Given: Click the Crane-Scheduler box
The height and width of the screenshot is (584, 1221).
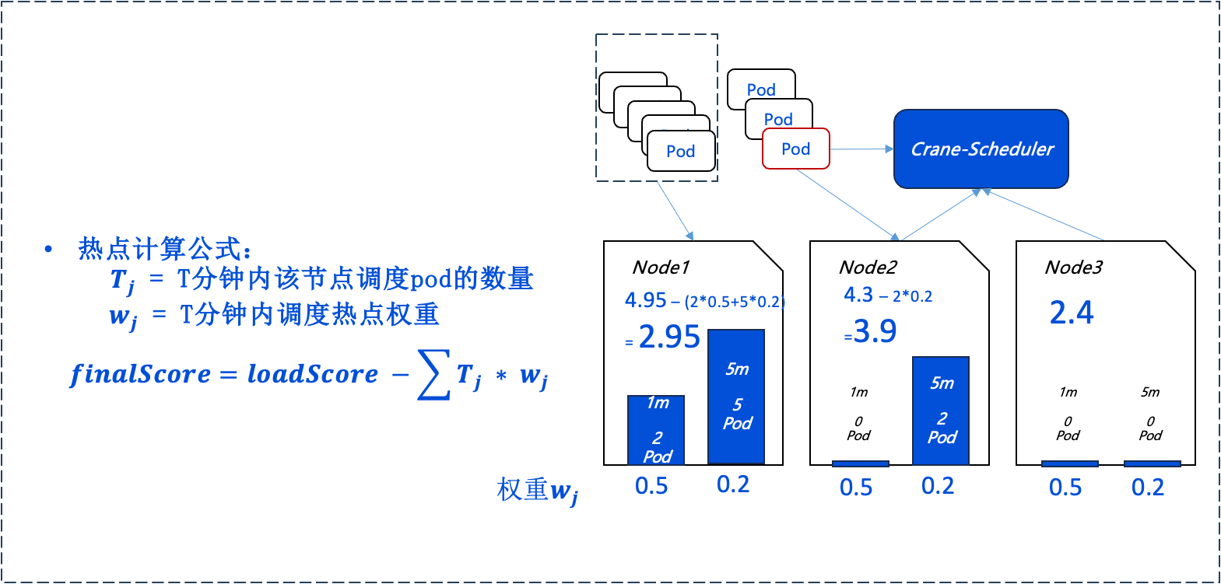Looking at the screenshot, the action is point(981,149).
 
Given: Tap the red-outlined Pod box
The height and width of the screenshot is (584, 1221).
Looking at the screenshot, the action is point(796,149).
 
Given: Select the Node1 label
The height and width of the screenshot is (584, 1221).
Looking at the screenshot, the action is point(661,268).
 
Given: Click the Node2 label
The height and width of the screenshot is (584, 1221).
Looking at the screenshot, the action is point(868,268).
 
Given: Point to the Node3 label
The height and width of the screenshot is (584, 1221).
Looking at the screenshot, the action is point(1073,268).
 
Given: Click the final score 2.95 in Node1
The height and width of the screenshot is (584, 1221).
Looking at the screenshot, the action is point(668,337).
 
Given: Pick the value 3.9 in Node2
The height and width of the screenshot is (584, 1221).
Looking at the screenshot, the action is point(875,331).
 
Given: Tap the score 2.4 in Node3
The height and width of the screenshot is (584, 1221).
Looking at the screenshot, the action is point(1072,313).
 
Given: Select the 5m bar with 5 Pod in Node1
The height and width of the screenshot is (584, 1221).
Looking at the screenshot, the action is point(736,397).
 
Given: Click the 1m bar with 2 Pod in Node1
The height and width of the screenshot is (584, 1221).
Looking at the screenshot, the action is point(656,430).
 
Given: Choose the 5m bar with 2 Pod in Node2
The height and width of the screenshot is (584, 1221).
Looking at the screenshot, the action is point(941,411).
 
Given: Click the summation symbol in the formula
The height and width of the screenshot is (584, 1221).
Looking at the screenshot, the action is point(434,375).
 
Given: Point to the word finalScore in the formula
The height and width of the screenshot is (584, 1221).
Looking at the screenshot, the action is point(140,375).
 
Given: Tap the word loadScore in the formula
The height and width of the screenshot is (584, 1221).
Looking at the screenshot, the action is point(312,374).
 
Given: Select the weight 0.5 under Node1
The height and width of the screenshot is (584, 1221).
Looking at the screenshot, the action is point(651,486).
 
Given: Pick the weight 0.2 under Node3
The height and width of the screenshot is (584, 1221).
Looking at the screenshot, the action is point(1147,488).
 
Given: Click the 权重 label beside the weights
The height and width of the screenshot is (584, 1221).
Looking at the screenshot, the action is point(522,489).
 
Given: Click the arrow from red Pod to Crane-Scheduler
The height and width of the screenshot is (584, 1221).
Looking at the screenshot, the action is point(861,149).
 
